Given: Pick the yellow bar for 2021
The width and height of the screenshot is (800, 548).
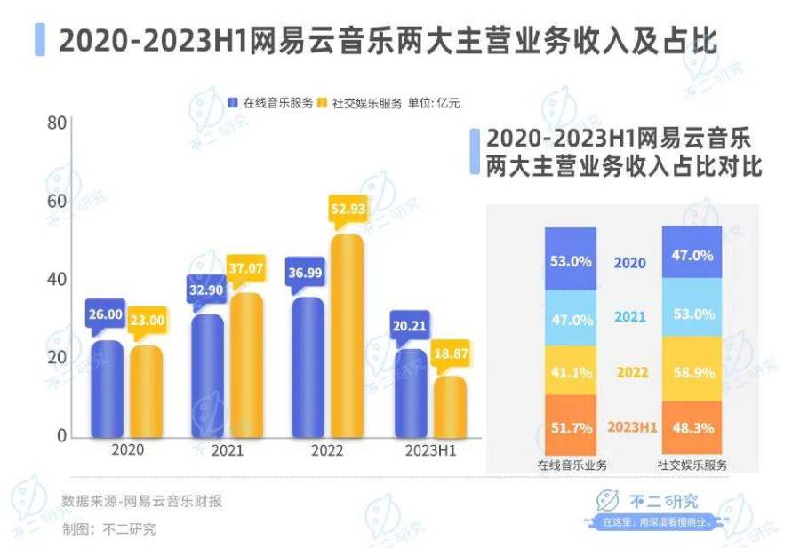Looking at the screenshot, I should (x=246, y=365).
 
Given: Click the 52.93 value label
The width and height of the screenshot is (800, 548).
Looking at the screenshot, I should (x=348, y=210).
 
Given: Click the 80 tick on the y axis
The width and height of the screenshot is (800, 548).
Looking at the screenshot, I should (x=58, y=122).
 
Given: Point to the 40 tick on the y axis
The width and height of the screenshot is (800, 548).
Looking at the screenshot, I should (x=58, y=279).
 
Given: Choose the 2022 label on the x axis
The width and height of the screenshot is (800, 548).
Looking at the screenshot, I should (x=327, y=450).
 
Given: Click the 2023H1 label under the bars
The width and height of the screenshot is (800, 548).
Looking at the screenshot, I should (x=429, y=450).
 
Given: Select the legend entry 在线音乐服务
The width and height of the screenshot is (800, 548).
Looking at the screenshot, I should (x=272, y=103).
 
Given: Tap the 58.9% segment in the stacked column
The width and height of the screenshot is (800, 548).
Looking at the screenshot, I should (x=693, y=373).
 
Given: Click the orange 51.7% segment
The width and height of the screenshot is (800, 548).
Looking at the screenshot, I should (x=571, y=427).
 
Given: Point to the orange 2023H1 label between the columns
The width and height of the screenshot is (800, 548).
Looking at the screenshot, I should (x=631, y=427).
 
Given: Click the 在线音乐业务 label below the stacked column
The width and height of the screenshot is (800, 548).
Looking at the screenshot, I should (x=571, y=465).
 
